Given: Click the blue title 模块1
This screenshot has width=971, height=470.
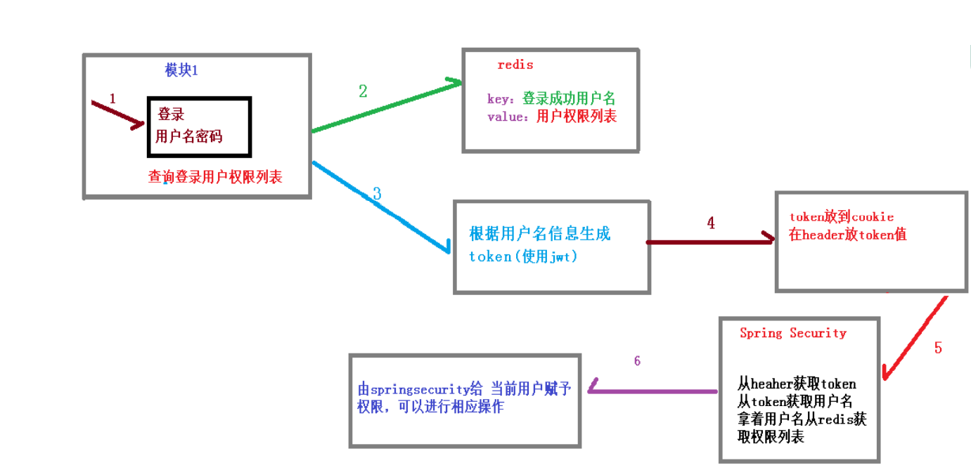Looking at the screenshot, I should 181,70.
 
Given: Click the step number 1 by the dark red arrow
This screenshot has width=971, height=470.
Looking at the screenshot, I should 112,99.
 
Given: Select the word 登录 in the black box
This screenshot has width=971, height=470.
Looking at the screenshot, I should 171,115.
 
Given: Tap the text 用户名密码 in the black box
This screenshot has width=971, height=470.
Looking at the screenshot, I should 188,136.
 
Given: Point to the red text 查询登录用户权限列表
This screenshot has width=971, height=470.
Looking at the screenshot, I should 215,177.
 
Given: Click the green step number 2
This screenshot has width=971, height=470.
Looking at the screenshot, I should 363,91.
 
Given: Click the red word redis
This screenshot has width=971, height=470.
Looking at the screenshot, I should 515,65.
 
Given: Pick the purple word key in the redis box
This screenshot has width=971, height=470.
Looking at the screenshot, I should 500,99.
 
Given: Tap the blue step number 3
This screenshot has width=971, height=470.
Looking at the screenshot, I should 377,194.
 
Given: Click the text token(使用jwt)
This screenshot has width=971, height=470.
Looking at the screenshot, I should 523,256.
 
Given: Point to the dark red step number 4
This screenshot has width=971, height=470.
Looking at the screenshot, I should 711,223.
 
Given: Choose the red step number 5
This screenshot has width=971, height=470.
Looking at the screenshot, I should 938,348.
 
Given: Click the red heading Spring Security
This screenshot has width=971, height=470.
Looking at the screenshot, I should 792,333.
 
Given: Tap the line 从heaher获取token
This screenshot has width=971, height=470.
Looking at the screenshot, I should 797,384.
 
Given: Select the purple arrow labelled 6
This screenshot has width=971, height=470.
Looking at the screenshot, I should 652,390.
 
